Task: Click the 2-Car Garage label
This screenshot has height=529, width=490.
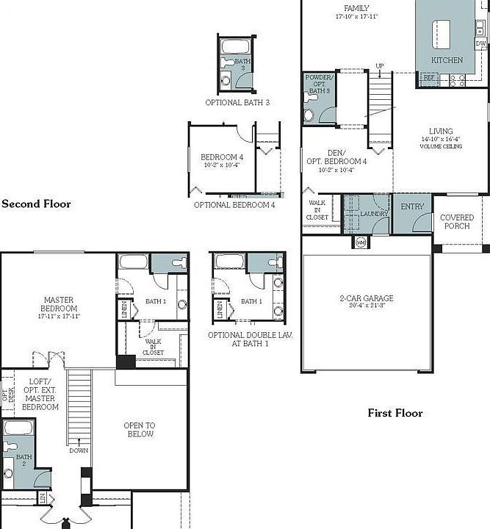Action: (366, 298)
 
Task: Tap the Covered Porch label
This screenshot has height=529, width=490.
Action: (456, 222)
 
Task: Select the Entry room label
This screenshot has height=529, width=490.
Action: (412, 207)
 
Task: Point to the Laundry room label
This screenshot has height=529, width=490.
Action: (374, 214)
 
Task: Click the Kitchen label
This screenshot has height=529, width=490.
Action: (447, 60)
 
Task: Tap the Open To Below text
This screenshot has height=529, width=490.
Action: (140, 430)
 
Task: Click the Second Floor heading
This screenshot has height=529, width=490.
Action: (36, 204)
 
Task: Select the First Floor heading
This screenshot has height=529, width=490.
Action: (395, 413)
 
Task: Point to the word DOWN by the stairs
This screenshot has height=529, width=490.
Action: (79, 451)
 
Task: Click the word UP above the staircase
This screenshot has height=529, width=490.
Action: (379, 66)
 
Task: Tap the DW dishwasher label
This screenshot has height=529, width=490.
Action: (480, 44)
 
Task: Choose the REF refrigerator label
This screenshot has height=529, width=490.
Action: (428, 77)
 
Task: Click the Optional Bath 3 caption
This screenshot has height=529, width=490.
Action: (237, 103)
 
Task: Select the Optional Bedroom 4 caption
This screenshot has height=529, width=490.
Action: (234, 205)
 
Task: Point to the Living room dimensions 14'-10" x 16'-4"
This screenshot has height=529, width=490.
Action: (441, 140)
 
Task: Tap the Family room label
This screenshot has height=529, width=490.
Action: (356, 8)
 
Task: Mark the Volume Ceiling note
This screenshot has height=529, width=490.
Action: (441, 147)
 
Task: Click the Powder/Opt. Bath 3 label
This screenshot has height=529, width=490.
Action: (319, 84)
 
